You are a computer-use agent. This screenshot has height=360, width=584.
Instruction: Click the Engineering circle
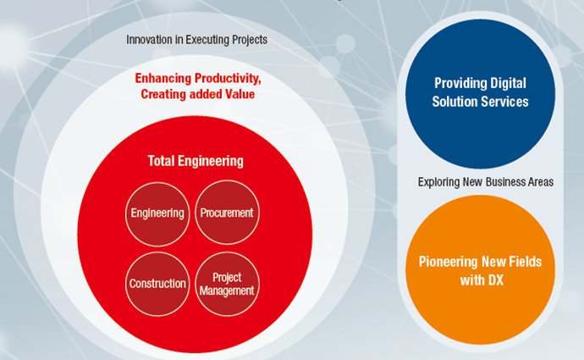[157, 214]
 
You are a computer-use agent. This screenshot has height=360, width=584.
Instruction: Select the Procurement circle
[227, 213]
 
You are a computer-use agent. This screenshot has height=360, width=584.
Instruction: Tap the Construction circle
[157, 284]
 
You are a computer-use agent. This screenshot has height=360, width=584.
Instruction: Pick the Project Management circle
[227, 284]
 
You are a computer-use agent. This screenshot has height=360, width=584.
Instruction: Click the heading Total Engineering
[196, 161]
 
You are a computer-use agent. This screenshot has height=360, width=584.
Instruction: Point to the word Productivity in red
[228, 79]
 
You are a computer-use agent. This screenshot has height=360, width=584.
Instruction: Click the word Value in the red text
[240, 94]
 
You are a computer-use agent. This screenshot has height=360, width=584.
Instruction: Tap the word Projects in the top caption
[250, 40]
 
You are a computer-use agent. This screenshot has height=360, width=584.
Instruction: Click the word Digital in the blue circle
[508, 83]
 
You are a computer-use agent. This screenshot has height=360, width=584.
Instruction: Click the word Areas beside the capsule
[541, 182]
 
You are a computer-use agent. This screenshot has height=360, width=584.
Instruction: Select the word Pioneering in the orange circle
[449, 262]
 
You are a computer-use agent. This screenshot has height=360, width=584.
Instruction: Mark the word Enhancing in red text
[163, 78]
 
